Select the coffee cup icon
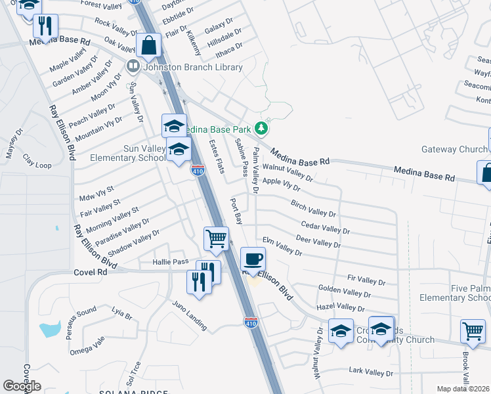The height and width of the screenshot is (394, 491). pyautogui.click(x=252, y=258)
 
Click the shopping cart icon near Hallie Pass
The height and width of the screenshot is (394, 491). pyautogui.click(x=215, y=238)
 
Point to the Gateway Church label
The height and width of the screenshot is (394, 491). pyautogui.click(x=454, y=149)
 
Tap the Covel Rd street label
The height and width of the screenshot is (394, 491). pyautogui.click(x=90, y=271)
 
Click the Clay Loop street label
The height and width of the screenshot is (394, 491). pyautogui.click(x=37, y=162)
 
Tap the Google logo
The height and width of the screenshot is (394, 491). pyautogui.click(x=22, y=386)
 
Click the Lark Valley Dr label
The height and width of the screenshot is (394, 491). pyautogui.click(x=370, y=372)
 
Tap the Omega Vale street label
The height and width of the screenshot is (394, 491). pyautogui.click(x=87, y=345)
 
